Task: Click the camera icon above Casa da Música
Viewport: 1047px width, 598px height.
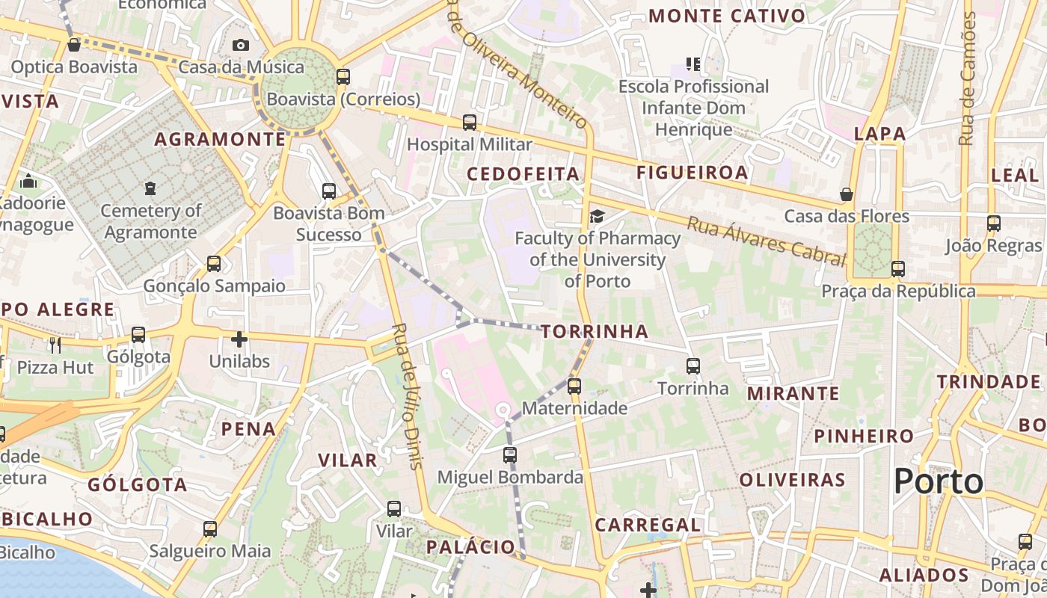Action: [240, 46]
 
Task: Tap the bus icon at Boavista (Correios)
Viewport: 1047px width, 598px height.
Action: [343, 76]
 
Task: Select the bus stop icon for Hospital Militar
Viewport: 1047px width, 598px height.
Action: [470, 123]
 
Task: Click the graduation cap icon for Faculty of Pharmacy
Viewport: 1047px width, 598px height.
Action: [597, 217]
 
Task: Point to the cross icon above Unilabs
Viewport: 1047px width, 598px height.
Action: [239, 340]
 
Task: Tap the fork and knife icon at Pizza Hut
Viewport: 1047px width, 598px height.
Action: [55, 345]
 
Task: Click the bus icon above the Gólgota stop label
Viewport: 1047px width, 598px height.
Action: [138, 335]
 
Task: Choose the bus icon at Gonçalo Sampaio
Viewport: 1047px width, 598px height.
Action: [214, 264]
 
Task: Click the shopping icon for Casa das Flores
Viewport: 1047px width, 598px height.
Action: [847, 195]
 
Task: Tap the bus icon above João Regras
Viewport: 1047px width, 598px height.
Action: [994, 224]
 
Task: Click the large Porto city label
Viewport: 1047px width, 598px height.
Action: [939, 481]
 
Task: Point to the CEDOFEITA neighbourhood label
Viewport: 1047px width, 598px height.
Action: [523, 174]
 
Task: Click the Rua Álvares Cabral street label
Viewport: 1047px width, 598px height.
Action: [767, 241]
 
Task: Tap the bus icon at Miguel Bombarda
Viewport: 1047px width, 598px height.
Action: [510, 455]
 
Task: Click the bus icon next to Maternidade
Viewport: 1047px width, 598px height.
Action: [574, 386]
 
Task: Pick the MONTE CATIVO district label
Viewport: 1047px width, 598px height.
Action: [727, 16]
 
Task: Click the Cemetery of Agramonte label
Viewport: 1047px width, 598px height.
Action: [150, 221]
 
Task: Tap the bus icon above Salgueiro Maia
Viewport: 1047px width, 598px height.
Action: [210, 529]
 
